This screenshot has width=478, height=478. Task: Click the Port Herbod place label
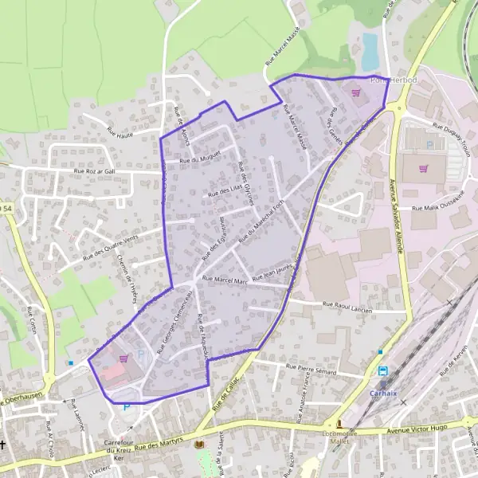[x=390, y=80]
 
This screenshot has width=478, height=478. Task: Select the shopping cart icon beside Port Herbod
[x=355, y=92]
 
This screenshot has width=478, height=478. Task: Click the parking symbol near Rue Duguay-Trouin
[x=430, y=145]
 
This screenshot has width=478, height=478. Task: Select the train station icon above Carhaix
[x=382, y=371]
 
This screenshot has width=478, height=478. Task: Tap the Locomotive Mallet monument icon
[x=339, y=423]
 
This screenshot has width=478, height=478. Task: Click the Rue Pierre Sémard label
[x=311, y=370]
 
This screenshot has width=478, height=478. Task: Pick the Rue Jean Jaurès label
[x=272, y=274]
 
